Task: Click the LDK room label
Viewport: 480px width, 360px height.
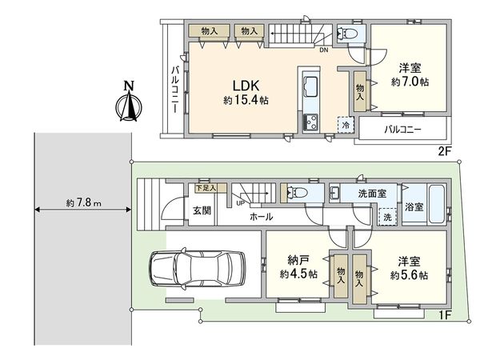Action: point(246,86)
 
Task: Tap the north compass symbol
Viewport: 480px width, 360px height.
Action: point(129,102)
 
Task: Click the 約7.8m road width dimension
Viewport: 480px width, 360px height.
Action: point(83,202)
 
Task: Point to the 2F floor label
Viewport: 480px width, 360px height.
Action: point(444,151)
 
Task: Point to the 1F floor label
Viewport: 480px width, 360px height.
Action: point(444,315)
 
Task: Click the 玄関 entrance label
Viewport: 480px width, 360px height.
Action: point(202,210)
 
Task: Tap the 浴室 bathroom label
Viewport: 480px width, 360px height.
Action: point(414,207)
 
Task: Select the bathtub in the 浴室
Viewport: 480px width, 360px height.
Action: point(437,204)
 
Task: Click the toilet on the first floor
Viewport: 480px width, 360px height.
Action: point(297,193)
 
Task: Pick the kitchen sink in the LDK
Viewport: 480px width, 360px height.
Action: point(310,87)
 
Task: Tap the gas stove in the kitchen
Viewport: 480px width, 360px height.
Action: point(310,122)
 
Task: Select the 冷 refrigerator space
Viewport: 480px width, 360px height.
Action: point(346,125)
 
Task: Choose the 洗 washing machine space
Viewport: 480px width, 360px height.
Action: point(387,217)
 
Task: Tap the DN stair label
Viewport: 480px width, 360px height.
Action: point(323,50)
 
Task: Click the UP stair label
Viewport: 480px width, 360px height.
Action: point(240,202)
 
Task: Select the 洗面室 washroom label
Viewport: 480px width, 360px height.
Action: point(372,193)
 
